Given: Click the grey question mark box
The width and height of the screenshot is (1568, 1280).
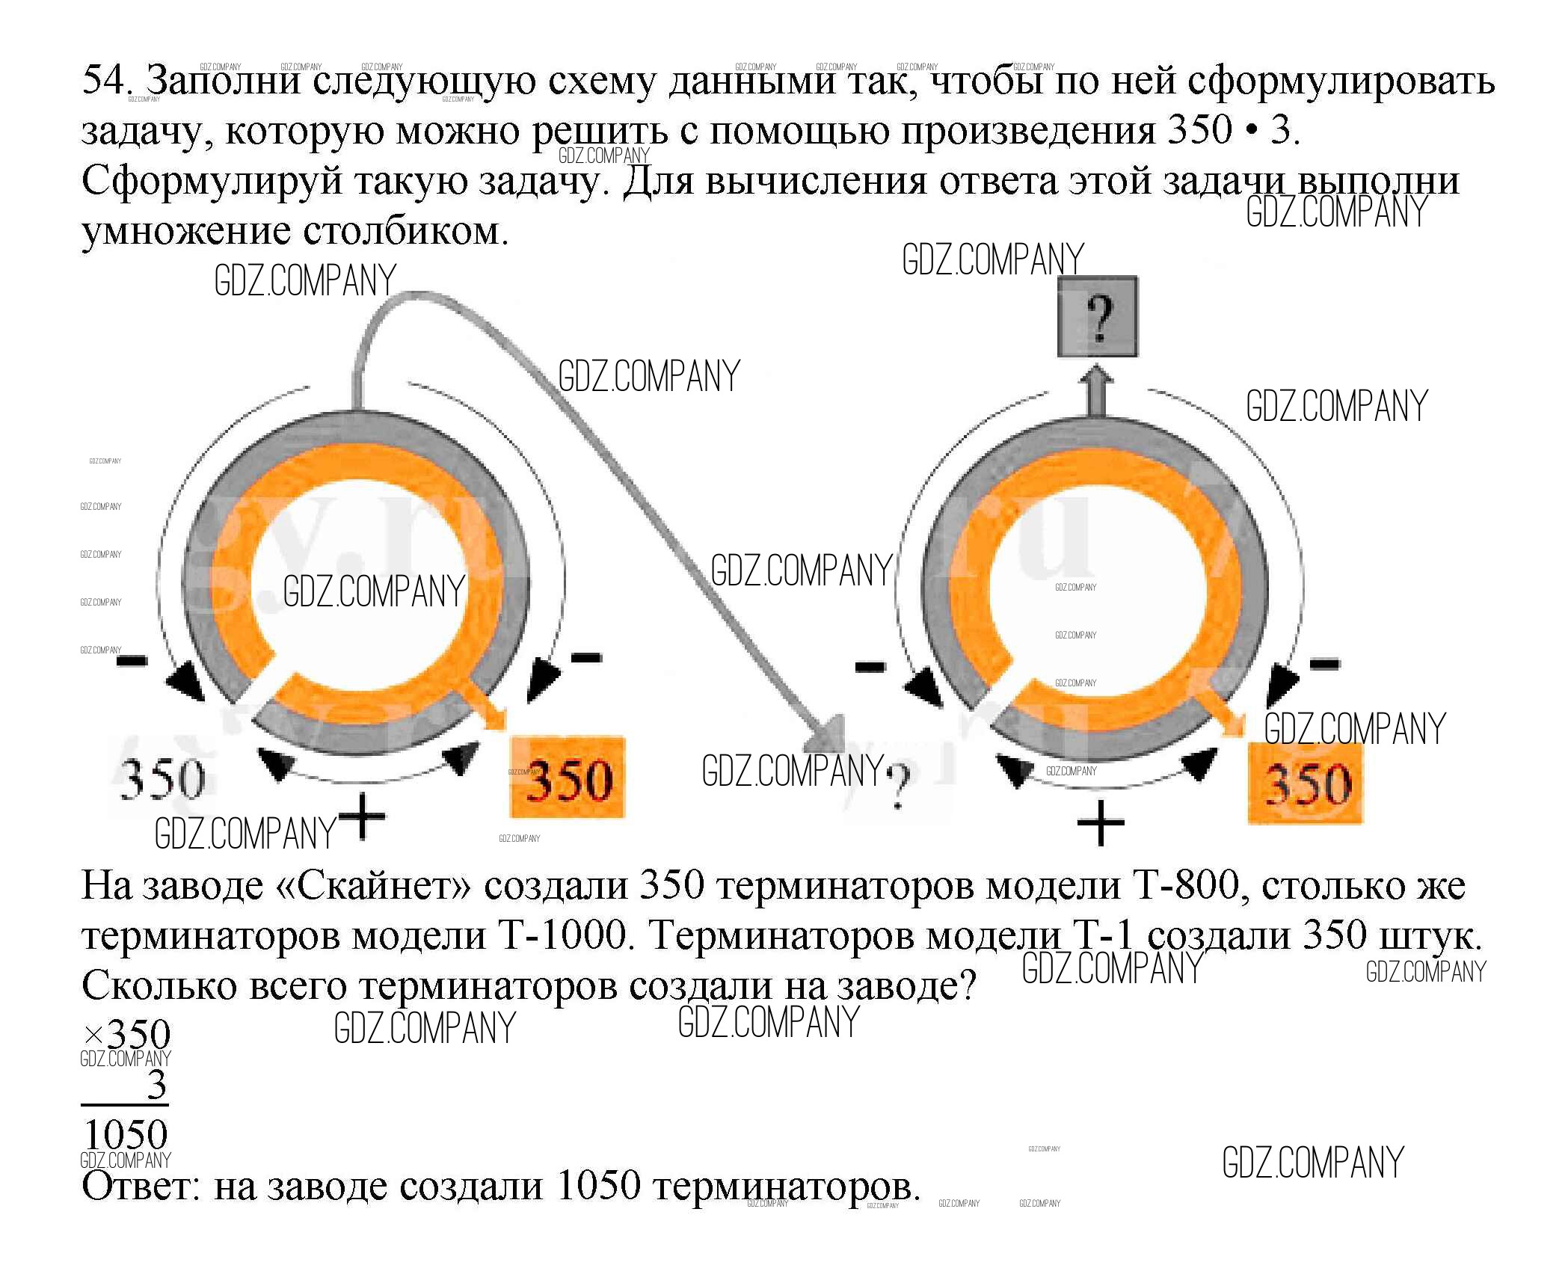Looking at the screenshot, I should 1097,316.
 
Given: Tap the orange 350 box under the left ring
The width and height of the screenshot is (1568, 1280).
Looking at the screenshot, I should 568,778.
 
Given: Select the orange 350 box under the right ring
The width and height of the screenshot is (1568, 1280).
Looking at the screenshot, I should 1305,783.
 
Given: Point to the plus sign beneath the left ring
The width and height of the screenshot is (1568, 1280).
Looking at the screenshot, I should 362,817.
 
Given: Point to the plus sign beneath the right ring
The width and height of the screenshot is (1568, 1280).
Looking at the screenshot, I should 1100,823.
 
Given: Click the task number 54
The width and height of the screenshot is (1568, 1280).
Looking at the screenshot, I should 105,79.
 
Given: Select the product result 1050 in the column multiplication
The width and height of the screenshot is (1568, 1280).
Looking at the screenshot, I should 126,1135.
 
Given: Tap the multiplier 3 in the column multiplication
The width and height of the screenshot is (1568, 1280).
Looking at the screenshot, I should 156,1085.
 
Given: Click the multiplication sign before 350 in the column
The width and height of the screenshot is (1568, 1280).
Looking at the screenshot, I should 93,1036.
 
